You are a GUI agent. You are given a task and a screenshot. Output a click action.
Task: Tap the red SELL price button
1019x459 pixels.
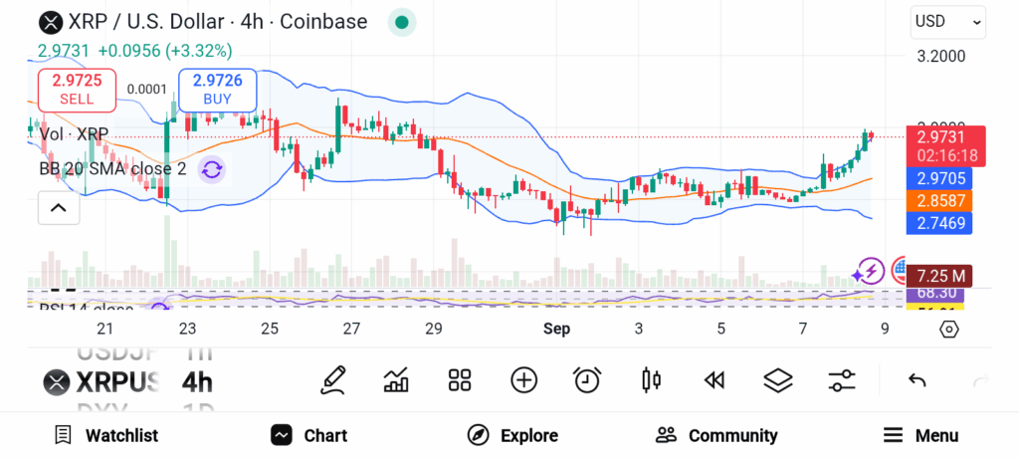tap(77, 89)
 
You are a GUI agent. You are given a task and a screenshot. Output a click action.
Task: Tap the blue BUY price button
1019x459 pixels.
tap(217, 89)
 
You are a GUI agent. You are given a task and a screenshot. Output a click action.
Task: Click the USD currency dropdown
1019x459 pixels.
tap(947, 21)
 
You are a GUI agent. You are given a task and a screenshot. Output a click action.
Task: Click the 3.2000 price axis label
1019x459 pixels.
tap(940, 57)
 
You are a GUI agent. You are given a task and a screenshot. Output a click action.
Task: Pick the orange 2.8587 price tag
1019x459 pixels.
tap(938, 200)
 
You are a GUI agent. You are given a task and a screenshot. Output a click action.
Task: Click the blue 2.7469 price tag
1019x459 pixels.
tap(938, 222)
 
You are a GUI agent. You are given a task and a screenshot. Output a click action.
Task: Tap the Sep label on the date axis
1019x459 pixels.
tap(556, 329)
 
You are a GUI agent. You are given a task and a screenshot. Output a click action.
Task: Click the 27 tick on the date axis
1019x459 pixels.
tap(351, 329)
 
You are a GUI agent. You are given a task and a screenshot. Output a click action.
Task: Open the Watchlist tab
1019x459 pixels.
tap(106, 435)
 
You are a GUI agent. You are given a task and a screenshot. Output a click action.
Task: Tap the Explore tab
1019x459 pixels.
tap(512, 435)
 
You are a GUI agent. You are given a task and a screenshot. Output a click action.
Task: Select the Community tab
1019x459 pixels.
tap(716, 435)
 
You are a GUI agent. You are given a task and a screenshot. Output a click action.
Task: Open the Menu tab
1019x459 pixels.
tap(921, 435)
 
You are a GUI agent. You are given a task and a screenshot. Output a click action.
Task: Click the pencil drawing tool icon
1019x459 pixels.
tap(333, 379)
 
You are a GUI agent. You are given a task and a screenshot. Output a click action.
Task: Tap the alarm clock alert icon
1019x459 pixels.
tap(587, 379)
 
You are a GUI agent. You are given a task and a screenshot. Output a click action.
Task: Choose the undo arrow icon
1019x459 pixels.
tap(917, 379)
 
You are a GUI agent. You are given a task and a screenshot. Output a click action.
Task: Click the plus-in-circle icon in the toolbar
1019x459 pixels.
tap(523, 379)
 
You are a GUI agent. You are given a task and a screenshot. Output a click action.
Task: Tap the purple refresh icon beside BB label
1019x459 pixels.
tap(211, 169)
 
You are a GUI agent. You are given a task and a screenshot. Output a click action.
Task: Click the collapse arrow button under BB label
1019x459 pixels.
tap(58, 207)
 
